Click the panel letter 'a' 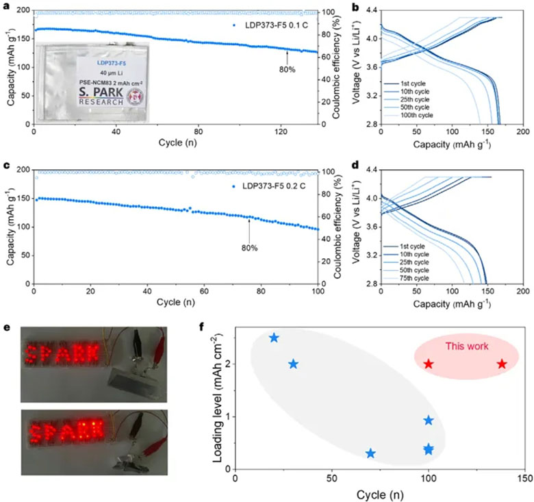coord(5,6)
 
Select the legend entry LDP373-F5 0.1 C coord(270,25)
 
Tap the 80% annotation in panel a coord(287,69)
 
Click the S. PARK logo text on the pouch coord(101,92)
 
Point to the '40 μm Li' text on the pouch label coord(112,73)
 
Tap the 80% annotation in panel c coord(249,248)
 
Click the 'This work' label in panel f coord(467,346)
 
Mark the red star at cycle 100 coord(429,364)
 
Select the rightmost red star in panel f coord(502,364)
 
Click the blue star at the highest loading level coord(274,338)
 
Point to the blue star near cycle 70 coord(370,453)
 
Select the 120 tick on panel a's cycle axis coord(281,131)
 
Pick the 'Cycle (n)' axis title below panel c coord(176,302)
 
